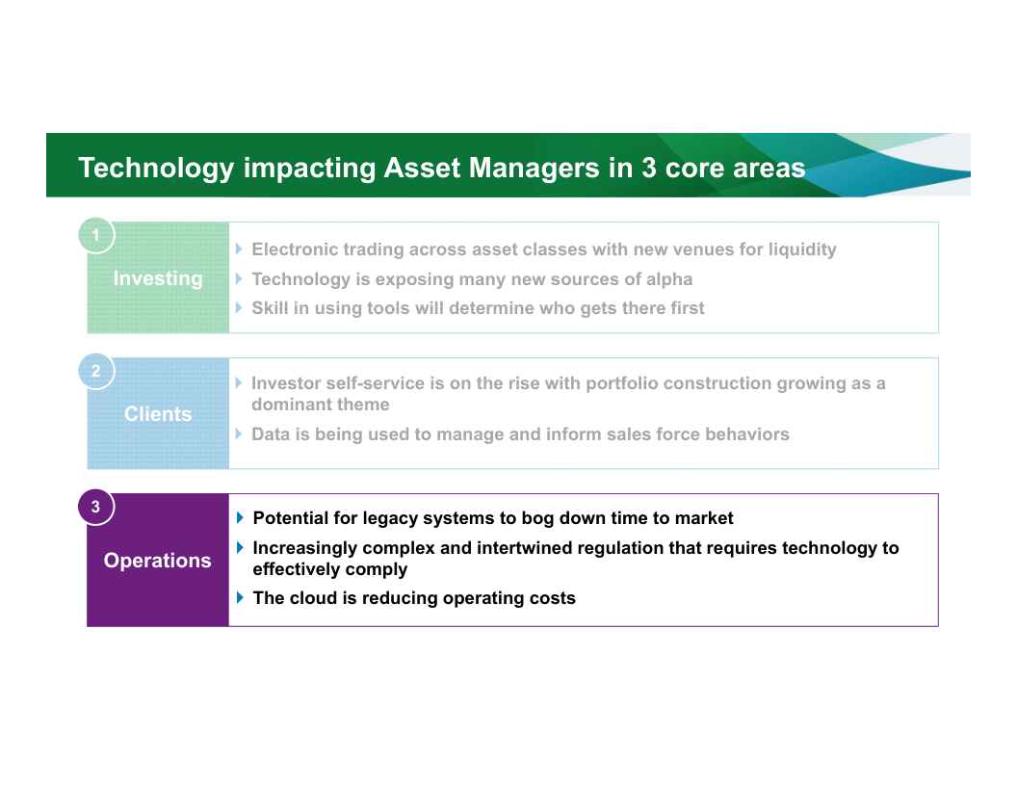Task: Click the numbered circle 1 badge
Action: (96, 235)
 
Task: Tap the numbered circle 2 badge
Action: (96, 371)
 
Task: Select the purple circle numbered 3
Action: (96, 507)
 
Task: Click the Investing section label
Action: (158, 279)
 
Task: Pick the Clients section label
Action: (158, 414)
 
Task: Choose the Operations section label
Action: (158, 561)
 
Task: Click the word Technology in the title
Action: (156, 169)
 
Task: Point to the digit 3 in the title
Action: (648, 168)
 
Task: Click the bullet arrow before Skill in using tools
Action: (240, 307)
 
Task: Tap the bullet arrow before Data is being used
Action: (240, 433)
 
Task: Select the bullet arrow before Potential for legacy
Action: (240, 517)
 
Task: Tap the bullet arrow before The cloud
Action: (240, 597)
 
